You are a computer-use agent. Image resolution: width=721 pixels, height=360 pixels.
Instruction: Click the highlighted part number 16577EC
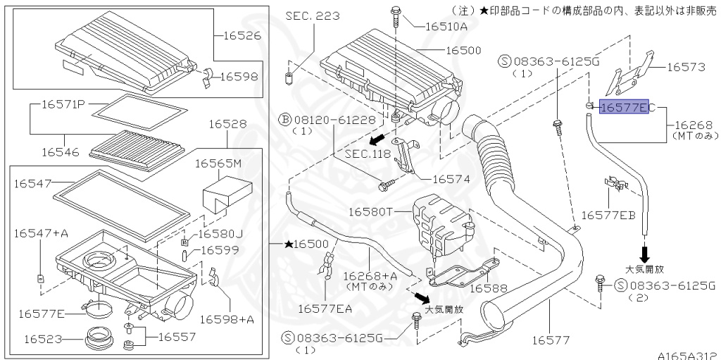(624, 107)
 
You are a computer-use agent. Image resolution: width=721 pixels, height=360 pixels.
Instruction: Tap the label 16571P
(63, 104)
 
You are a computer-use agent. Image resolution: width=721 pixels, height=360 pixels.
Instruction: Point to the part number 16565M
(218, 163)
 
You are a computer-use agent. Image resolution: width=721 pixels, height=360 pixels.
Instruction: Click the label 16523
(37, 339)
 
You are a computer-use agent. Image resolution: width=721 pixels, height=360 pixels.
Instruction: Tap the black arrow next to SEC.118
(379, 137)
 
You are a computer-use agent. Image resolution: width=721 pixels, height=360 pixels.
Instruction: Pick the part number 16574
(451, 179)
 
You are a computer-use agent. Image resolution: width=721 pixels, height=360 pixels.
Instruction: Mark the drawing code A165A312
(688, 354)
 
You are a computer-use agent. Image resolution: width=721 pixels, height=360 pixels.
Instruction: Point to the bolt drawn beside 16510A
(396, 14)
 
